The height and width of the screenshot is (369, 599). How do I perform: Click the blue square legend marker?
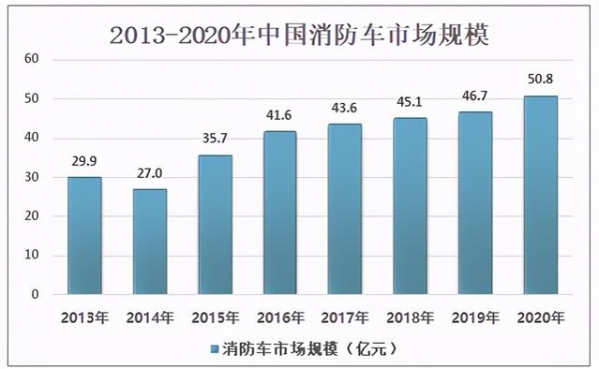pyautogui.click(x=217, y=349)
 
